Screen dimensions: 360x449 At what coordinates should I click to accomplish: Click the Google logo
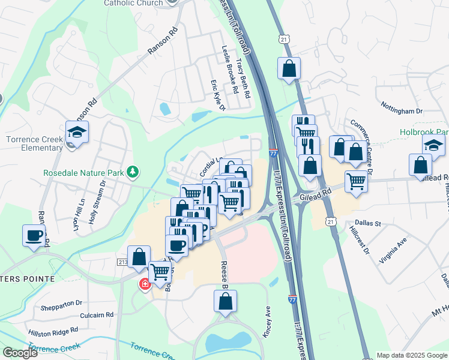[x=19, y=353]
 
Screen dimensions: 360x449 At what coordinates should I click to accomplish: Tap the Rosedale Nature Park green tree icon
[x=133, y=173]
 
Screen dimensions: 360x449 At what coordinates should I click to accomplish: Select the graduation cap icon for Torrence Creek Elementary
[x=77, y=132]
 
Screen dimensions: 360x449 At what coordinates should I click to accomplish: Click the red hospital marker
[x=145, y=284]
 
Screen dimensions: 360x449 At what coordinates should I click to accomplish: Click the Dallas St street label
[x=370, y=223]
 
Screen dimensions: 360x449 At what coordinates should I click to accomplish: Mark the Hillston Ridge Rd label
[x=58, y=331]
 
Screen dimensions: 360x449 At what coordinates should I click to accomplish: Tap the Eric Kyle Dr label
[x=217, y=96]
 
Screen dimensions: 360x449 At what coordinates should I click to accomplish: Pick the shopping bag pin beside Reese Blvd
[x=225, y=302]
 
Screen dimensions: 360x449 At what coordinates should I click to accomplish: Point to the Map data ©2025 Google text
[x=411, y=355]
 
